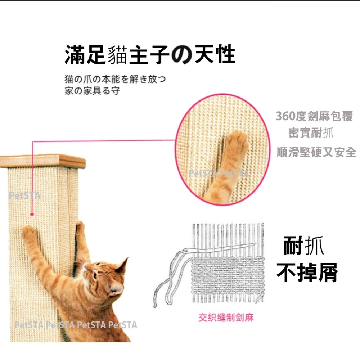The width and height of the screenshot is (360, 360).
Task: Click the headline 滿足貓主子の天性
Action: [150, 55]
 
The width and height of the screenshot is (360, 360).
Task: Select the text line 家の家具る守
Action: [92, 90]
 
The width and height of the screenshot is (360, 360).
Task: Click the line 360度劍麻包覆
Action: [314, 116]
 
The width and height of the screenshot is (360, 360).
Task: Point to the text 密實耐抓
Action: [311, 133]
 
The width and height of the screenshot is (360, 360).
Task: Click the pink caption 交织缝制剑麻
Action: [226, 318]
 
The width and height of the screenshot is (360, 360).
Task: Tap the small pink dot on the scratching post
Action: [32, 215]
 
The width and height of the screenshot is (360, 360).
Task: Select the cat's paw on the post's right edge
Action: [80, 227]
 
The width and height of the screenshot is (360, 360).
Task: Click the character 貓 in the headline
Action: [117, 55]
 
